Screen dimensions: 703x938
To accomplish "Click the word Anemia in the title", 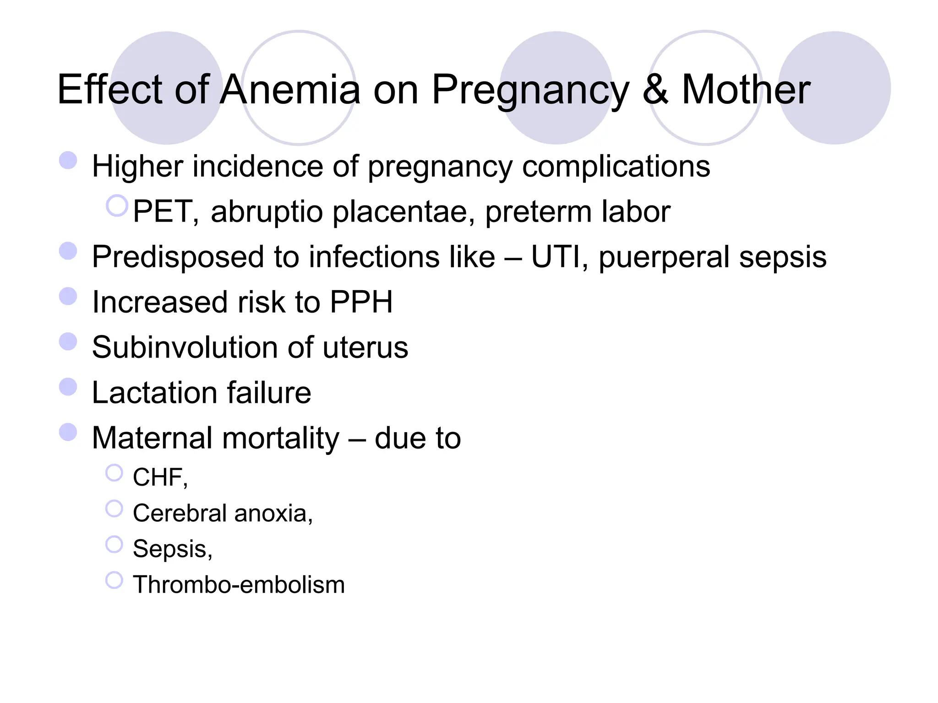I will point(290,90).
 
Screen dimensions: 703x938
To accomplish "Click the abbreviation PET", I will point(164,212).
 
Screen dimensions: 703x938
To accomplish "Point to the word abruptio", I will point(267,212).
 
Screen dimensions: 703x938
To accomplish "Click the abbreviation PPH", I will point(361,302).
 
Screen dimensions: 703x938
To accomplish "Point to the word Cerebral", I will point(180,513).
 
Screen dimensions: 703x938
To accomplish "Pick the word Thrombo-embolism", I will point(239,585).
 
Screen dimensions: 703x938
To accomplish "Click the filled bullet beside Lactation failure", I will point(68,387).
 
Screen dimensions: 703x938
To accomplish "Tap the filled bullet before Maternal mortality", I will point(68,432).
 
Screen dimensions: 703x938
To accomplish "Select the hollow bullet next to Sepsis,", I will point(114,544).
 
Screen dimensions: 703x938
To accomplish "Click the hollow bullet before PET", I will point(117,205).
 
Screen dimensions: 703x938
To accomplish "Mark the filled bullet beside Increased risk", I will point(68,296).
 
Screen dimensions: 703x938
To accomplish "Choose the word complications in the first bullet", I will point(616,167).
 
